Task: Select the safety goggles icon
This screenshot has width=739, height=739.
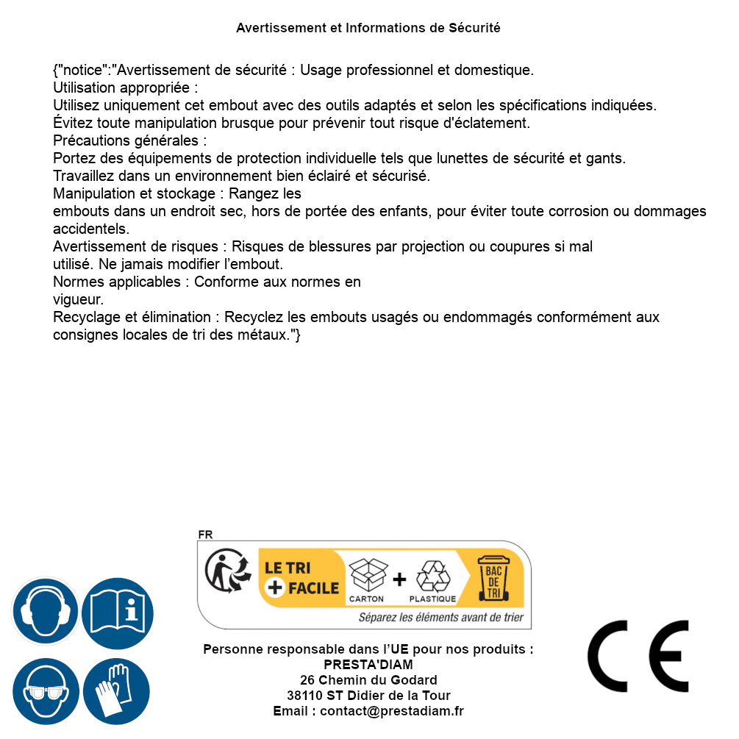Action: (x=46, y=691)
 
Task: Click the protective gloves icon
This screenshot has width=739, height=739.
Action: (x=118, y=691)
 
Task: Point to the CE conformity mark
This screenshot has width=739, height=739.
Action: (x=638, y=656)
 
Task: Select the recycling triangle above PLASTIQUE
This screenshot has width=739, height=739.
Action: (x=432, y=576)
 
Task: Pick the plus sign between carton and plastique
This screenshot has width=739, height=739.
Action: (x=399, y=579)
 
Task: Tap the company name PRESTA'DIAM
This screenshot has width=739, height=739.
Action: (x=368, y=665)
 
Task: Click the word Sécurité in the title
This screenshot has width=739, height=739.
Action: (x=474, y=28)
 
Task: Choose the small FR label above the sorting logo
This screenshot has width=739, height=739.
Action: (x=205, y=535)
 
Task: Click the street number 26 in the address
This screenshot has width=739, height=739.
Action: (x=307, y=680)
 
